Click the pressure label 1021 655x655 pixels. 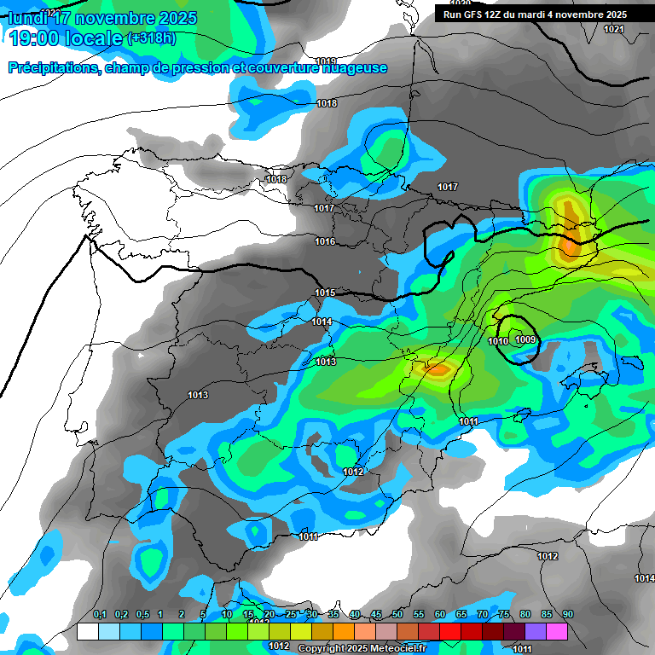pos(613,29)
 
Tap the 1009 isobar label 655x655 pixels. pos(525,340)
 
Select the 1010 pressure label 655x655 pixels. pos(498,341)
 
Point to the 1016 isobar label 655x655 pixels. pos(325,242)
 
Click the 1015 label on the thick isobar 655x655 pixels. pos(325,293)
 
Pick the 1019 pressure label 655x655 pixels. pos(326,61)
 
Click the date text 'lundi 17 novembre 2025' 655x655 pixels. pos(102,18)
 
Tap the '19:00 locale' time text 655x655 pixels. pos(65,38)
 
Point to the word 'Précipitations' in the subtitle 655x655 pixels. pos(53,68)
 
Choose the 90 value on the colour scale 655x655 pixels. pos(567,615)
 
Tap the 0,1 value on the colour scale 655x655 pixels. pos(100,615)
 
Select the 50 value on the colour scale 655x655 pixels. pos(397,615)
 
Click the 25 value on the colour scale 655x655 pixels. pos(291,615)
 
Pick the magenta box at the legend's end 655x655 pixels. pos(557,631)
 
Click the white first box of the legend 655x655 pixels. pos(87,631)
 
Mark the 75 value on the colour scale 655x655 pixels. pos(504,615)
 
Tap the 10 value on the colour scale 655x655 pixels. pos(227,615)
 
